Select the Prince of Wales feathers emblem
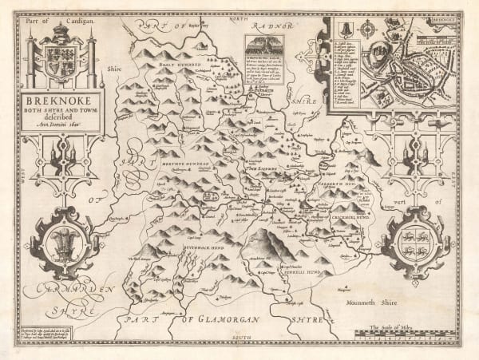point(61,240)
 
